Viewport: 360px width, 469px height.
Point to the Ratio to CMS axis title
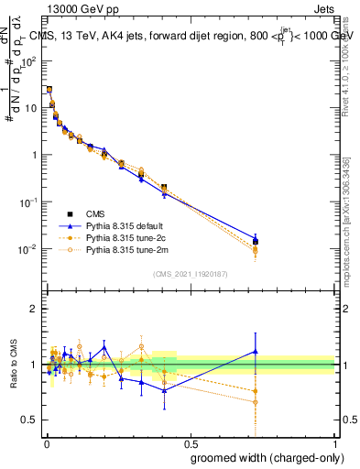(14, 365)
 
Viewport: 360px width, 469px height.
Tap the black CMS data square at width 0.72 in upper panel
(256, 242)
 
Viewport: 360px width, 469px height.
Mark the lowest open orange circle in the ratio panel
(256, 402)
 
